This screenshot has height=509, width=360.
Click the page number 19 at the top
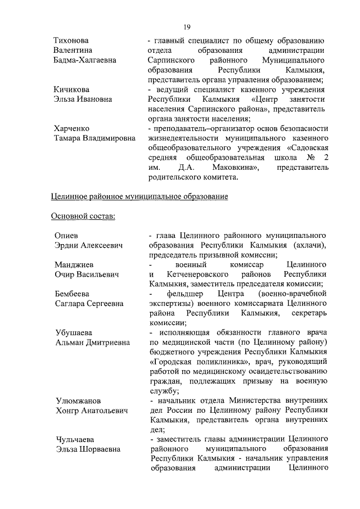click(x=188, y=26)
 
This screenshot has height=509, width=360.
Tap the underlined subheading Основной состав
click(x=83, y=217)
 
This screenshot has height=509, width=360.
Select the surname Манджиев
click(x=74, y=264)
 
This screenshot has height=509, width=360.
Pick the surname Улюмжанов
click(x=78, y=400)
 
